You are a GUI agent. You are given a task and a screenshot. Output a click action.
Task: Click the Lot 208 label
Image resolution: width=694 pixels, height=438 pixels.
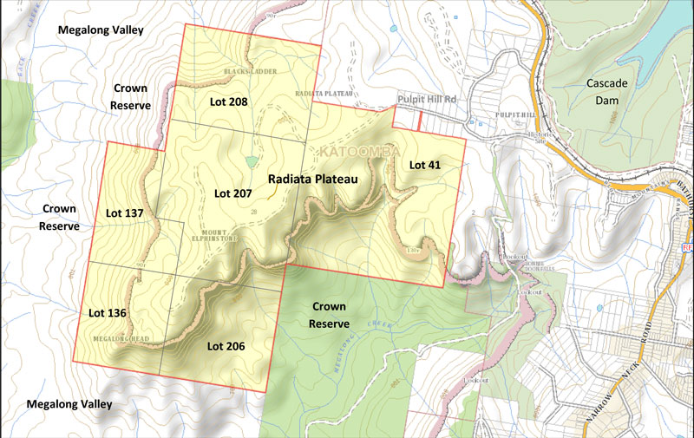coord(229,101)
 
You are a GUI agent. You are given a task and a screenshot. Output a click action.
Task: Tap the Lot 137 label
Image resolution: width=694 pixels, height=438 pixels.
coord(124,212)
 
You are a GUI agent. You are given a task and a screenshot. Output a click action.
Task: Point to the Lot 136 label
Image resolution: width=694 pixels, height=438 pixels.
coord(108,311)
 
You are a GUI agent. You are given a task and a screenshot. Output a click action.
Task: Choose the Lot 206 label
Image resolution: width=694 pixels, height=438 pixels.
coord(226,346)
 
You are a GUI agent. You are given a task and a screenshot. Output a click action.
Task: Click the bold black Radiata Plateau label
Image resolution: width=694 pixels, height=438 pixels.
coord(313,178)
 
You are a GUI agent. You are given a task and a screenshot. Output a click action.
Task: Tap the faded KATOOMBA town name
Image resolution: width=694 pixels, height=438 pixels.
coord(355,153)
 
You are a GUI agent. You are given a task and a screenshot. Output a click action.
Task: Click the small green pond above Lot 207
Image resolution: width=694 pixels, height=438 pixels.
coord(252,161)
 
